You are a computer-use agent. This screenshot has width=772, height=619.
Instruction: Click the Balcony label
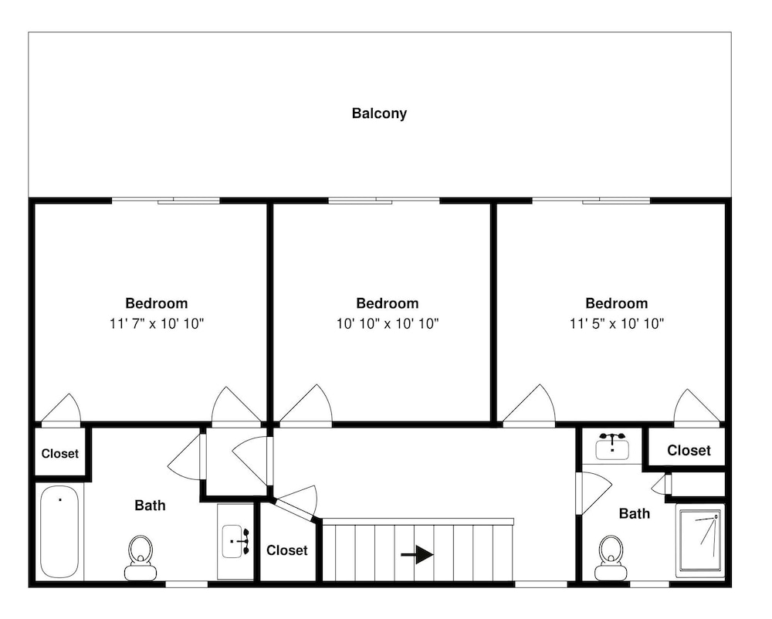tap(379, 113)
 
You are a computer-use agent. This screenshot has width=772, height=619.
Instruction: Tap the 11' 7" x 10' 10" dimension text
tap(157, 323)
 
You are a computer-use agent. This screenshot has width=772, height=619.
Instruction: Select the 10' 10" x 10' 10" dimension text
tap(388, 323)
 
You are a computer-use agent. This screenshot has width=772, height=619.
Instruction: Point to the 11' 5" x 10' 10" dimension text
tap(617, 323)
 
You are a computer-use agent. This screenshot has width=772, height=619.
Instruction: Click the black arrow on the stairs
tap(417, 554)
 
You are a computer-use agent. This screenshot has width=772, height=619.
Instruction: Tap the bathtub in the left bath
tap(59, 532)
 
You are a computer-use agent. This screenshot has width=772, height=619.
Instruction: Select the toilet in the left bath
tap(141, 558)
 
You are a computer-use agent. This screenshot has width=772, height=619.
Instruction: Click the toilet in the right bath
tap(611, 558)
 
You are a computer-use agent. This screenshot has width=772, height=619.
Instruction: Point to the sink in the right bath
tap(612, 446)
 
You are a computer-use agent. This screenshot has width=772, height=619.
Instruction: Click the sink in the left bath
tap(235, 541)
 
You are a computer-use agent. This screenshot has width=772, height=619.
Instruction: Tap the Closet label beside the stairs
tap(287, 550)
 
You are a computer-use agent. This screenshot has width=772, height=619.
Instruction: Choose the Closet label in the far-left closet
tap(60, 454)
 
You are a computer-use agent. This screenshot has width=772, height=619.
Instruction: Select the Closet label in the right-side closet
tap(689, 451)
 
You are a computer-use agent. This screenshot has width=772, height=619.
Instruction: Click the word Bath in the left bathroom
tap(151, 506)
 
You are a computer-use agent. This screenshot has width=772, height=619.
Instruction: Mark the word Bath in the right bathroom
tap(634, 514)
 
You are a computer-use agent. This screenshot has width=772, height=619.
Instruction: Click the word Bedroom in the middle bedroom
tap(388, 303)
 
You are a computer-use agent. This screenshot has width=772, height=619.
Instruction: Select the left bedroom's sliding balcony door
tap(166, 200)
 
